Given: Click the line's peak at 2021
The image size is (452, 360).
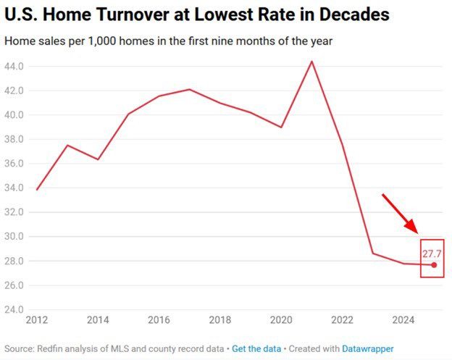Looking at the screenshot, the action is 311,61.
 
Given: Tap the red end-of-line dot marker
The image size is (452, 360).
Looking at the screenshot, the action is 434,265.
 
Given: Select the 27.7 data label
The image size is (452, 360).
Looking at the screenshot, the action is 432,254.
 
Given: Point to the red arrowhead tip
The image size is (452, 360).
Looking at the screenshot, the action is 417,233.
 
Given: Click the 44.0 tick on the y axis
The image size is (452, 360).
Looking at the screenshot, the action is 14,67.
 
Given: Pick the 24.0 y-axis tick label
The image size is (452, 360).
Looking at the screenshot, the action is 14,309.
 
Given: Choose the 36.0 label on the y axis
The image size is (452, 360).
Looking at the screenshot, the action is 14,164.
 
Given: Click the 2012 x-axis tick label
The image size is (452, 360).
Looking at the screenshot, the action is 37,320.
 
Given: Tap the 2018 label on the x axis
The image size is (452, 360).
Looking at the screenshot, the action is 220,320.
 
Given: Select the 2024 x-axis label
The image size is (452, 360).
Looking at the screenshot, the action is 403,320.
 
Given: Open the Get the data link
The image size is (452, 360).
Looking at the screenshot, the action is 256,348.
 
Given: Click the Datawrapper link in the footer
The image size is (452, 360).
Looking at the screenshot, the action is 367,348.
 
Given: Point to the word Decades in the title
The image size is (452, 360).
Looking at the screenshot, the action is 354,14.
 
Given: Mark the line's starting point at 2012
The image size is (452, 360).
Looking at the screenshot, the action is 37,190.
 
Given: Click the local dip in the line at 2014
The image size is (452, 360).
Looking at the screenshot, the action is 98,159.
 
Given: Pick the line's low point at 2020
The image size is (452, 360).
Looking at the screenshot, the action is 281,127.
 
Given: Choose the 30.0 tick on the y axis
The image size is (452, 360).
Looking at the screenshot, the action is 14,236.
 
